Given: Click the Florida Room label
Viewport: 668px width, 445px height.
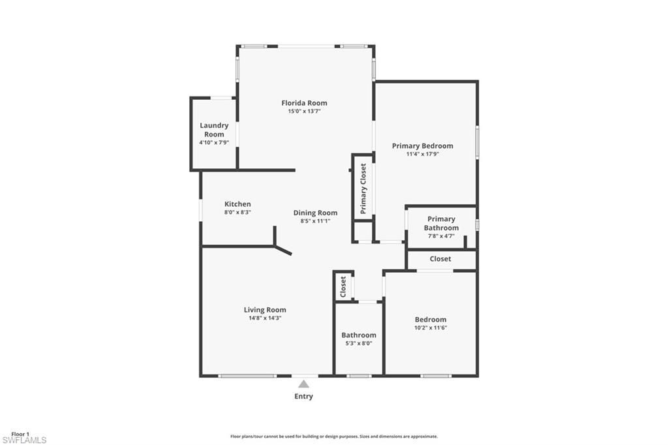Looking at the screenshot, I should tap(304, 103).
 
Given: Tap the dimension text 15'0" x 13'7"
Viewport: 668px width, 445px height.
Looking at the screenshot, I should tap(304, 112).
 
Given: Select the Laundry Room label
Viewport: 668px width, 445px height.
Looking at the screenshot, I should tap(214, 129).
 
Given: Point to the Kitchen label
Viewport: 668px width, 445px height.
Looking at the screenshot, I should tap(237, 204).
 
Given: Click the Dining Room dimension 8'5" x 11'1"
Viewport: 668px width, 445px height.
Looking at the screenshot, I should tap(315, 221).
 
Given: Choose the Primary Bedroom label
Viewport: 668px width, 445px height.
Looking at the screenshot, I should tap(422, 146).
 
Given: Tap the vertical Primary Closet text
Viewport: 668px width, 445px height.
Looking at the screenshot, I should tap(363, 189).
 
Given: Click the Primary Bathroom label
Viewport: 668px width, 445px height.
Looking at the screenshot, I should tap(441, 223).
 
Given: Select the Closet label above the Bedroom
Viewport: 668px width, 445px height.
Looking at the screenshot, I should tap(440, 259).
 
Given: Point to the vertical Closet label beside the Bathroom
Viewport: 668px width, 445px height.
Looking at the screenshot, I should tap(343, 286).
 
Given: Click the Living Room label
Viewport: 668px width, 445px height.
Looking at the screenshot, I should tap(265, 310).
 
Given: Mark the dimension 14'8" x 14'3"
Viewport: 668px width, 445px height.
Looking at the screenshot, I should tap(265, 318).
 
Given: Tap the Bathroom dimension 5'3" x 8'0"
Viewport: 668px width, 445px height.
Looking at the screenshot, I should tap(359, 343).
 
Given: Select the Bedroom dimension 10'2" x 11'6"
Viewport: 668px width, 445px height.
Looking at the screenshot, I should tap(431, 328).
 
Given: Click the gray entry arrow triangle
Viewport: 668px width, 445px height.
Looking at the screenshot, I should tap(303, 384).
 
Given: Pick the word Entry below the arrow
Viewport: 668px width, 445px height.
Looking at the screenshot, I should tap(303, 396).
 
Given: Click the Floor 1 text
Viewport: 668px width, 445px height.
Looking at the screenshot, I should tap(20, 434).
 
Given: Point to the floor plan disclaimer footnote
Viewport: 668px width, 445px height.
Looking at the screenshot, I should tap(333, 437).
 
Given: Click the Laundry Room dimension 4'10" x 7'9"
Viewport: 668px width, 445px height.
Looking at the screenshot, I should tap(214, 142).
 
